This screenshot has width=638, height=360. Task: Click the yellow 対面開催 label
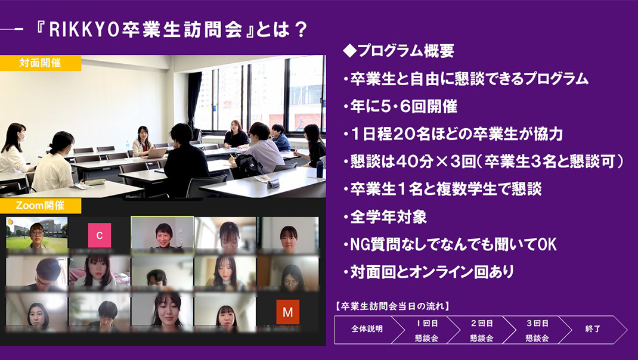[41, 63]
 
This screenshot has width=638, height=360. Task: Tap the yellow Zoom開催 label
[41, 206]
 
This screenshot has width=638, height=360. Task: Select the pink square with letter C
[100, 235]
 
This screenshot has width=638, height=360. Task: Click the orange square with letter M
[287, 312]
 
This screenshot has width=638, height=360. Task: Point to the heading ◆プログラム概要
[398, 51]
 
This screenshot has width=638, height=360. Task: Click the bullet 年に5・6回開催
[400, 107]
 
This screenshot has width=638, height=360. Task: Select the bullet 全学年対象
[385, 217]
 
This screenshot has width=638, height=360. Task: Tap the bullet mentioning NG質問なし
[450, 244]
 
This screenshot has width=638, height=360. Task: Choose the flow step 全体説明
[367, 329]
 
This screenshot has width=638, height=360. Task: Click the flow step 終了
[593, 329]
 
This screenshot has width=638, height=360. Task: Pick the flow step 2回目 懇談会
[482, 330]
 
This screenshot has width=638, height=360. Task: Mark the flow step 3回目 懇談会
[537, 330]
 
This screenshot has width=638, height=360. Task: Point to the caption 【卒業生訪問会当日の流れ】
[393, 306]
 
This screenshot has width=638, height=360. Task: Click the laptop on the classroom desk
[157, 153]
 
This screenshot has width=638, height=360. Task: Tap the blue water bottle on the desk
[320, 169]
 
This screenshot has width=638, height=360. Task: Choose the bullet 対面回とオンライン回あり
[428, 272]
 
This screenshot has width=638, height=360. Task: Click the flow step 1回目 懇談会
[426, 330]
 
